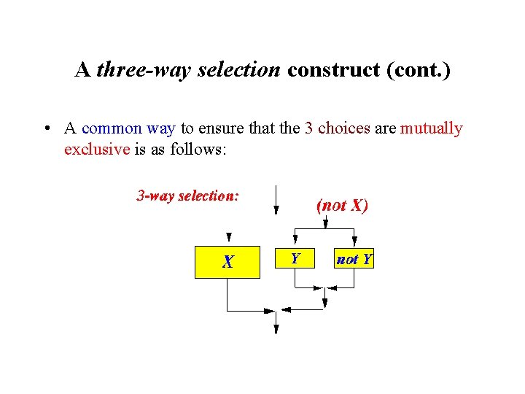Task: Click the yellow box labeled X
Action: pos(227,261)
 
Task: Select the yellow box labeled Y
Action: pos(295,258)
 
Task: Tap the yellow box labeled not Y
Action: pos(354,259)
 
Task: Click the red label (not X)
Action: pos(342,205)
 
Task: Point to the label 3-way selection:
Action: pos(187,196)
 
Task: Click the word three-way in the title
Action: pos(129,70)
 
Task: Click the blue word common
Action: pos(112,128)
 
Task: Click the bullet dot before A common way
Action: pos(45,129)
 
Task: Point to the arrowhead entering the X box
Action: pos(229,237)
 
